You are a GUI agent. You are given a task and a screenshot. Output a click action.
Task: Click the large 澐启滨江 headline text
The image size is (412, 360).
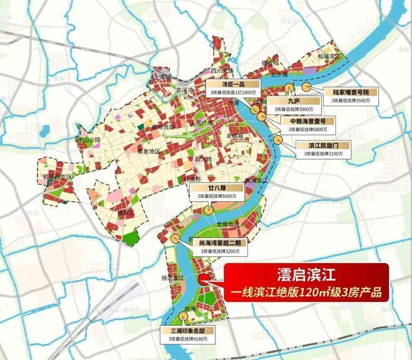point(306,274)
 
